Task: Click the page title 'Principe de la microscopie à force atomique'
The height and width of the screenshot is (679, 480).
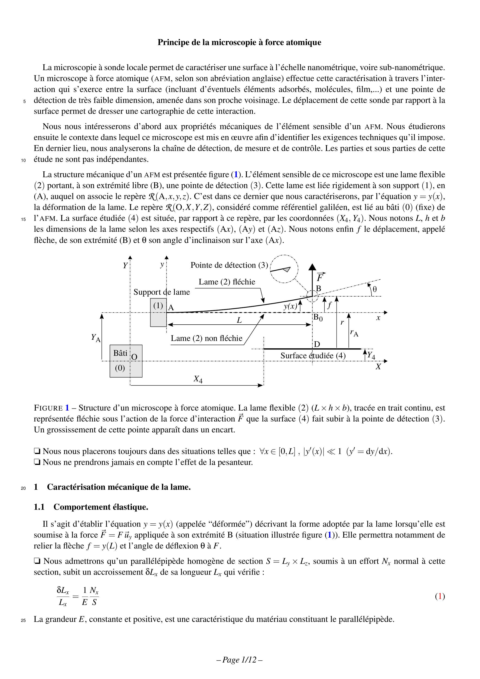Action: (239, 42)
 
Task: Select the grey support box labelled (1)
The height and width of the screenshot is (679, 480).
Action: (158, 312)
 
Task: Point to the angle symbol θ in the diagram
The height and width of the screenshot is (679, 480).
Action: (375, 289)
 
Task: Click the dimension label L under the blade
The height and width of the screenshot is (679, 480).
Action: (239, 320)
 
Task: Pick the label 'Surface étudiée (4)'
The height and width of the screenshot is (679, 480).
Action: (313, 356)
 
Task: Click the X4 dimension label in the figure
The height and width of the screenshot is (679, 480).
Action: (198, 379)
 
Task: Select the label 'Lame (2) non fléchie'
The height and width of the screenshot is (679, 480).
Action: (206, 338)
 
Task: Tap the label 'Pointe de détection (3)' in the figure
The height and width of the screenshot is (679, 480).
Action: (229, 265)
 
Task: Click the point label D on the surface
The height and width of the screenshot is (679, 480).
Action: (317, 344)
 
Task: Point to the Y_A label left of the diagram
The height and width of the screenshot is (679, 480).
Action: (95, 337)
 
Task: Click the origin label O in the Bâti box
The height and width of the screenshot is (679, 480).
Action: (134, 357)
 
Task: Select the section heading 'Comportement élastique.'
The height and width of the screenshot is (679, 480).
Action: (101, 507)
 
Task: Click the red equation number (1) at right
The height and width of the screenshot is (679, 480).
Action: (440, 597)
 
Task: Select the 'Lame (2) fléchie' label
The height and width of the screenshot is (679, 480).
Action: (227, 282)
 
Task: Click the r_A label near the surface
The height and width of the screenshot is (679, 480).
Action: (354, 333)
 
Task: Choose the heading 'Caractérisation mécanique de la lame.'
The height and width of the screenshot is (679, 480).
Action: (119, 487)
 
